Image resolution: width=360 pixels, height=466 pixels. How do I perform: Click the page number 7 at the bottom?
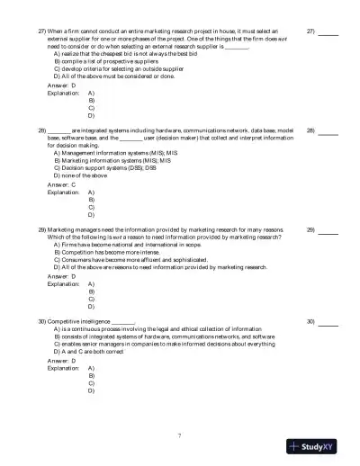[180, 435]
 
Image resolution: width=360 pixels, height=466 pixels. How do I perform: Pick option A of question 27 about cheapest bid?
[113, 53]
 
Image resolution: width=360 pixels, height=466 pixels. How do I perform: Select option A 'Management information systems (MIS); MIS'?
[112, 152]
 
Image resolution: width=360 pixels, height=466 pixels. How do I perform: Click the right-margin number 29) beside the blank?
[310, 229]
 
